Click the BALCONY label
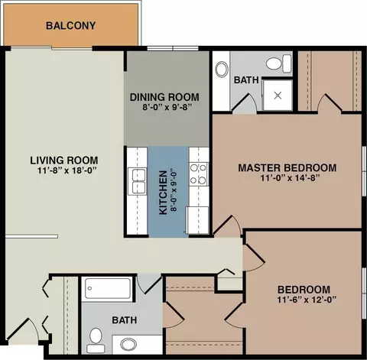point(70,26)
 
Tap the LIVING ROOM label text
point(64,161)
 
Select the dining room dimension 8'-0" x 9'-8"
point(167,107)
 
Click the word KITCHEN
point(163,193)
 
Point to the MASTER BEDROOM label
point(287,168)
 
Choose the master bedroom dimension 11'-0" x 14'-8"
point(290,178)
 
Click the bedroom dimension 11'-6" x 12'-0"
point(307,300)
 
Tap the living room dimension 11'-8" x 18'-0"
point(67,170)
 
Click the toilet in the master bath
point(279,63)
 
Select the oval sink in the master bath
point(222,69)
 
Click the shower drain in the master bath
point(278,96)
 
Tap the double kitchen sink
point(137,181)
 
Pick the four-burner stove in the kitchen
point(199,174)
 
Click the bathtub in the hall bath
point(108,288)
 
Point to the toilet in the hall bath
point(96,340)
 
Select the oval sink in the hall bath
point(128,345)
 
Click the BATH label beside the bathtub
point(125,320)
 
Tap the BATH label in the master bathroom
point(246,80)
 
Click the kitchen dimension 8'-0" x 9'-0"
point(174,191)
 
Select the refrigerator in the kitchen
point(198,220)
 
